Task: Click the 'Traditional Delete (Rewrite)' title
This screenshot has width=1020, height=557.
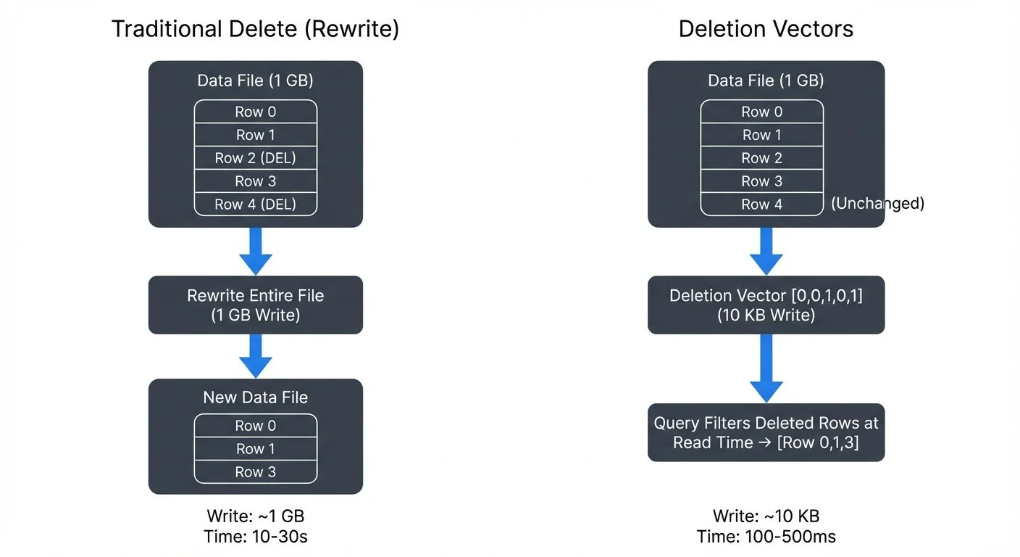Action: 255,29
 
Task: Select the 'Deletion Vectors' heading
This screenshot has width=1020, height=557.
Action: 766,29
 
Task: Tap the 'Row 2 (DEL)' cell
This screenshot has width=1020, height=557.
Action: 255,158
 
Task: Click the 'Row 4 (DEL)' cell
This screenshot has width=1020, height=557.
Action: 255,205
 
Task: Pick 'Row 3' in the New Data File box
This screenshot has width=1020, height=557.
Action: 255,472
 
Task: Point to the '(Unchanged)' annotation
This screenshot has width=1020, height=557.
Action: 877,204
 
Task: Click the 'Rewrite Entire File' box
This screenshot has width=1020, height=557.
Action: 255,305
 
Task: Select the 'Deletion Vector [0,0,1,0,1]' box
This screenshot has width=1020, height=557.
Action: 766,305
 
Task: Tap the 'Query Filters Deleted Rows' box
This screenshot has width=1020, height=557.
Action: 766,432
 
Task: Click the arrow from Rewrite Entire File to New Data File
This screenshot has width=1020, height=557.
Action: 255,355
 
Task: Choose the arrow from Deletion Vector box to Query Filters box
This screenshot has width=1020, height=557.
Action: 766,368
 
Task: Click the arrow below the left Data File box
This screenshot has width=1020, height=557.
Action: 255,251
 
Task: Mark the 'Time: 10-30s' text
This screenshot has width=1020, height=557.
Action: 255,537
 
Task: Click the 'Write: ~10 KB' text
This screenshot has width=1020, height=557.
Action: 766,516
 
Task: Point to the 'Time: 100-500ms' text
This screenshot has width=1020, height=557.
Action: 766,537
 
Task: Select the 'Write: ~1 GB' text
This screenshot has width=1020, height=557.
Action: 255,516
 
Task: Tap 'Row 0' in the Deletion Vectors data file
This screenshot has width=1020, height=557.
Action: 761,112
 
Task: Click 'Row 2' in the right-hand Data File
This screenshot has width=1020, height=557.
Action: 761,158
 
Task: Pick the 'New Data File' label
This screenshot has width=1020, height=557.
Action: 255,397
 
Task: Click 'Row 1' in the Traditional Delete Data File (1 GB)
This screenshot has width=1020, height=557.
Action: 255,135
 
